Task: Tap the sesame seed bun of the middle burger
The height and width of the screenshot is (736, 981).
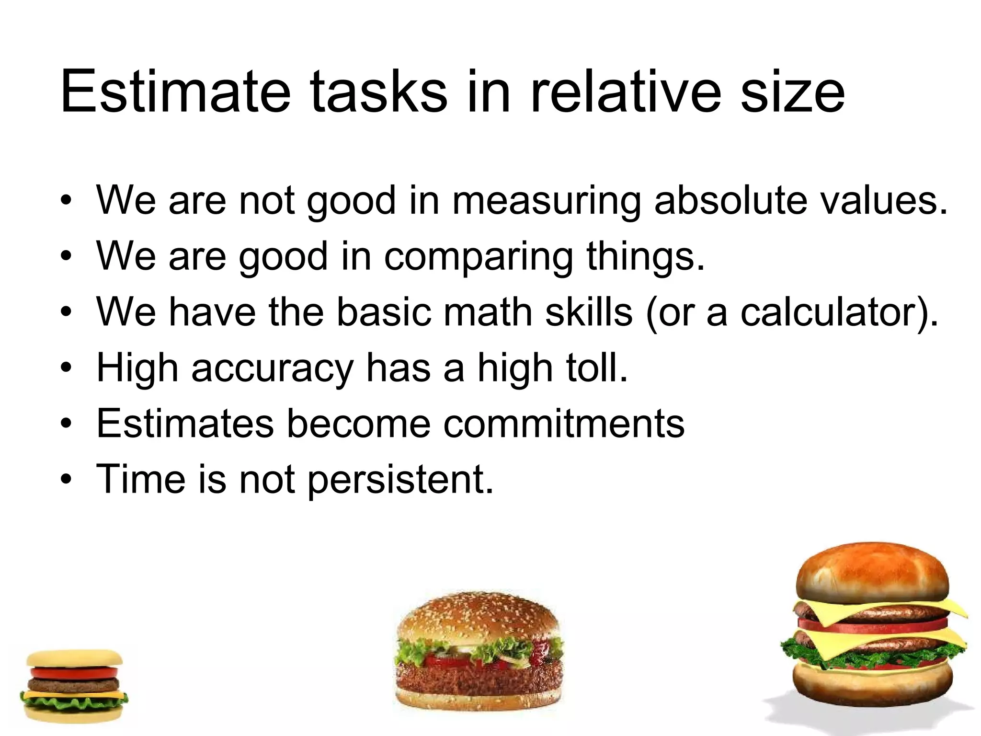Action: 477,618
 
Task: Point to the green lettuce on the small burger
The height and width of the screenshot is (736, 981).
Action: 74,703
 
